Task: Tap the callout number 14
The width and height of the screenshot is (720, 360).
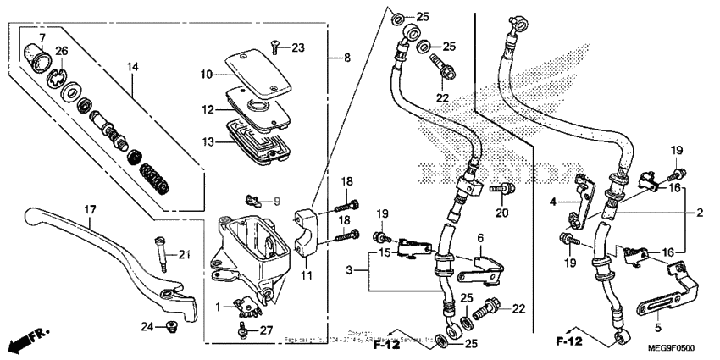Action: [132, 66]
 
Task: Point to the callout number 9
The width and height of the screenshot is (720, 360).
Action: [274, 201]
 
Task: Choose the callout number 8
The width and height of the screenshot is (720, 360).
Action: [346, 58]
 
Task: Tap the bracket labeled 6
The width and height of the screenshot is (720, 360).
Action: [479, 264]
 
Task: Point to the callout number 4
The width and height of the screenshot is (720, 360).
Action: [553, 202]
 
